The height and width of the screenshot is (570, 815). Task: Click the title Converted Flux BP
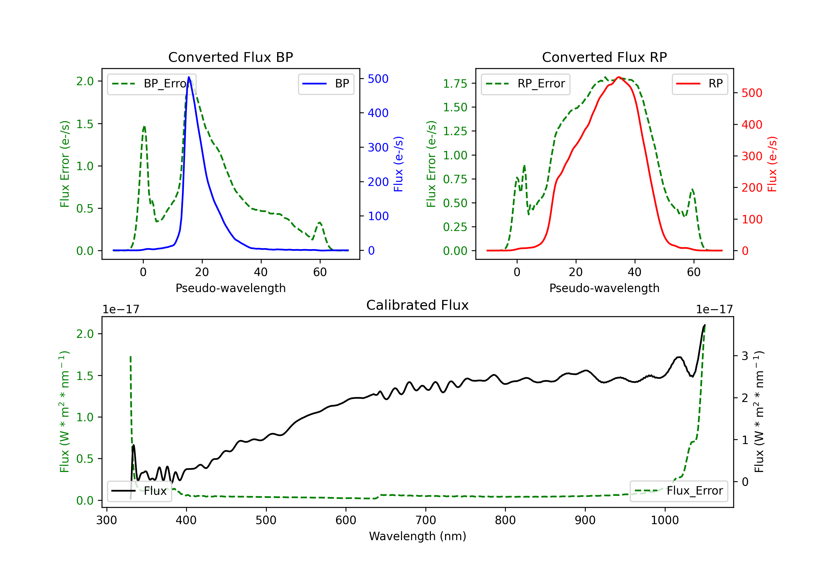coord(230,57)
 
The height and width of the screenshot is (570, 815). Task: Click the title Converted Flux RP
coord(604,57)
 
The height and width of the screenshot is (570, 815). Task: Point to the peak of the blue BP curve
coord(189,77)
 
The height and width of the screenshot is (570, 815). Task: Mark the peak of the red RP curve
coord(619,77)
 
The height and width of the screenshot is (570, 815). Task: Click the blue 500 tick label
coord(378,79)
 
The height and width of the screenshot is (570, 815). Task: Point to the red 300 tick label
coord(752,156)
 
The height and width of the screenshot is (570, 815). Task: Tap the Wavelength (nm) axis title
coord(418,536)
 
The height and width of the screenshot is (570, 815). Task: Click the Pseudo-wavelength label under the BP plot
coord(230,288)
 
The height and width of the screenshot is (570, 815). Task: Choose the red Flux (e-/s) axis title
coord(772,164)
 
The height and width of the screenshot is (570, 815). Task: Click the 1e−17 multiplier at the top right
coord(714,309)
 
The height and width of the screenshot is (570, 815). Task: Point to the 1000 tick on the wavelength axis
coord(664,520)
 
